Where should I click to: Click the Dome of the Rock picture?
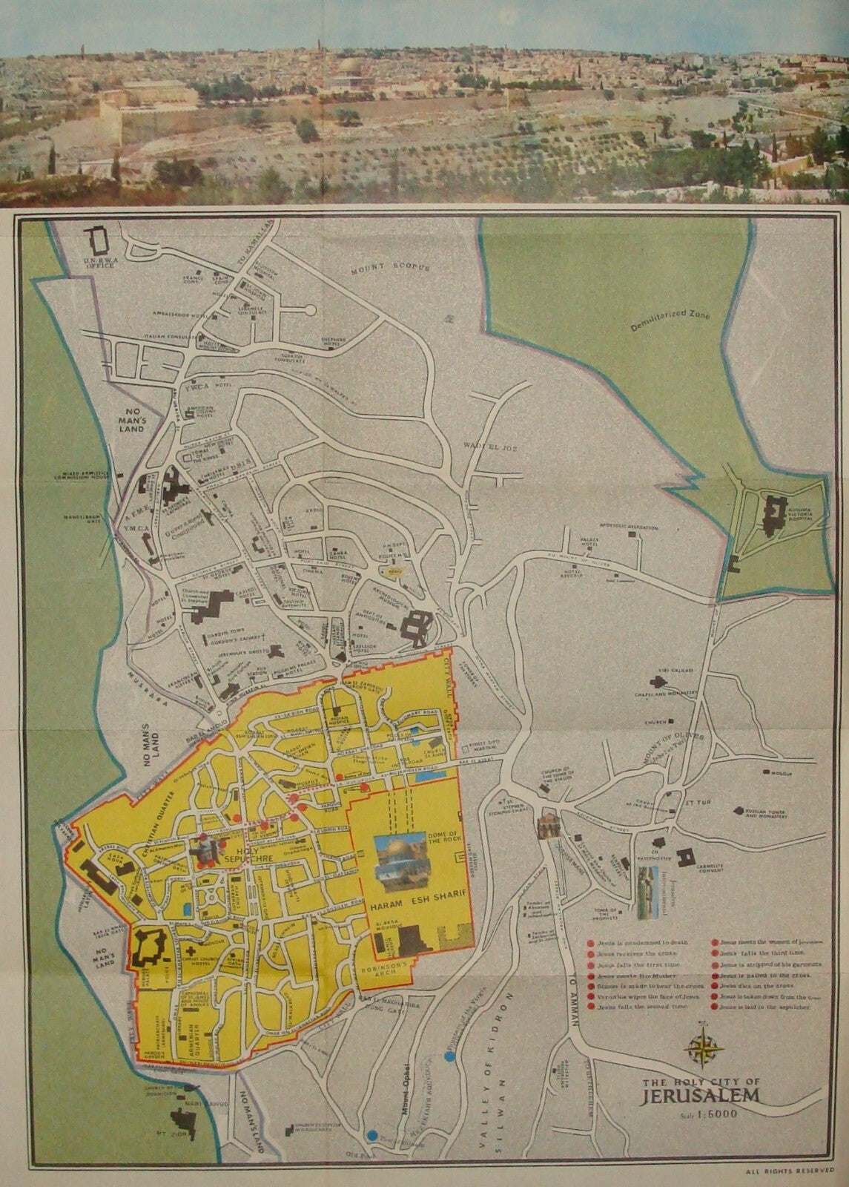coord(401,863)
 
